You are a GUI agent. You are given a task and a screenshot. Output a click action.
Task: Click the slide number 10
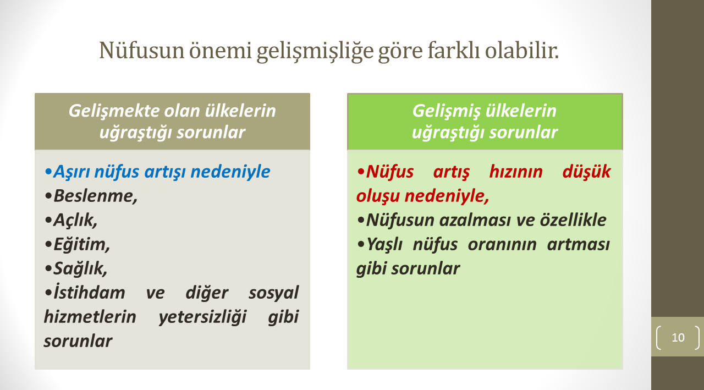tap(678, 338)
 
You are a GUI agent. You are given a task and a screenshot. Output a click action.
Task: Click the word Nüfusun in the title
tap(142, 50)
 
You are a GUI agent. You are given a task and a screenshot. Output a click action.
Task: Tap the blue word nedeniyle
tap(230, 172)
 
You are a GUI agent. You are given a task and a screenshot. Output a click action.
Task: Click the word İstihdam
tap(89, 292)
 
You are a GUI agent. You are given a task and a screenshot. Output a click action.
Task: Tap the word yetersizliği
tap(203, 317)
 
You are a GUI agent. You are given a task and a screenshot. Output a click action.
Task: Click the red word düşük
tap(586, 172)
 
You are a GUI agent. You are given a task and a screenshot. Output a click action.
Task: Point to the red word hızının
tap(516, 172)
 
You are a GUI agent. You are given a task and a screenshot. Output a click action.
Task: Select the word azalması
tap(474, 220)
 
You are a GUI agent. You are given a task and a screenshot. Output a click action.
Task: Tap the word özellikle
tap(573, 220)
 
